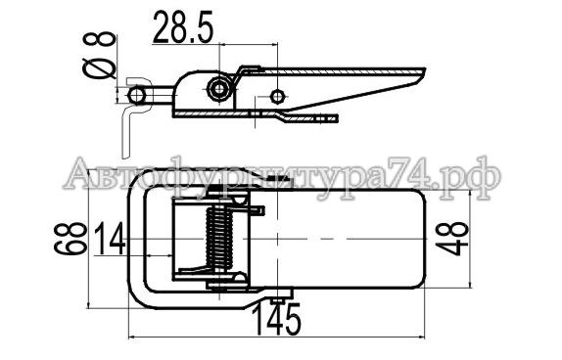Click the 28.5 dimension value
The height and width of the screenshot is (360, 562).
(183, 26)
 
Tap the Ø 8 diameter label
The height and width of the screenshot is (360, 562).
(99, 55)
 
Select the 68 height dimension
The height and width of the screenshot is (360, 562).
(70, 239)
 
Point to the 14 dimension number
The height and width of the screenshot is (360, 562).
(110, 239)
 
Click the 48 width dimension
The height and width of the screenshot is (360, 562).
(452, 239)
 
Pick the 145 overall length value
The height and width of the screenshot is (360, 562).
(276, 320)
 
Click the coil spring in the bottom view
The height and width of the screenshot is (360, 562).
(219, 239)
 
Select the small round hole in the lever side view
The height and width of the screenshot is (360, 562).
(277, 96)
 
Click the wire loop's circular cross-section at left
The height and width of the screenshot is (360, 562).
(136, 95)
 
